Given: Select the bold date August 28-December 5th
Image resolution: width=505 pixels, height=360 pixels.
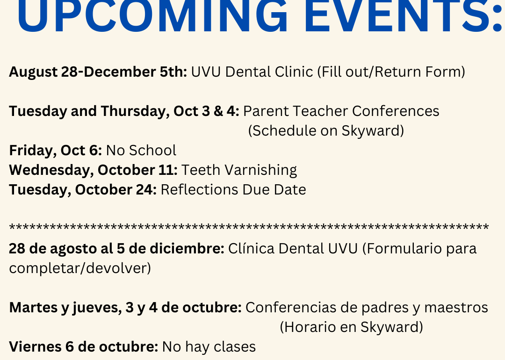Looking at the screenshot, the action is (x=98, y=72).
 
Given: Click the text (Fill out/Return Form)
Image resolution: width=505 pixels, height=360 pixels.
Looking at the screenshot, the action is (x=391, y=72).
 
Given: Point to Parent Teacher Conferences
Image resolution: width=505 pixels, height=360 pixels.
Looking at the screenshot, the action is (x=341, y=111).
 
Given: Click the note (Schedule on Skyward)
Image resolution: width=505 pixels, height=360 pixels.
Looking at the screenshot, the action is (x=326, y=131).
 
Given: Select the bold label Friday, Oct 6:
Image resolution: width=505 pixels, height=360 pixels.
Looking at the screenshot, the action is (x=55, y=151).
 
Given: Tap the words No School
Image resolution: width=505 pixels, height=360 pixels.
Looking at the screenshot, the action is (x=141, y=151).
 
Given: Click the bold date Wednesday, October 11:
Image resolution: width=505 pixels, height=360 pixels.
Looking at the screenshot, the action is (x=93, y=170).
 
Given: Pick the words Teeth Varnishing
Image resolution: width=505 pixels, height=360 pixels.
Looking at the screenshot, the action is (x=239, y=170).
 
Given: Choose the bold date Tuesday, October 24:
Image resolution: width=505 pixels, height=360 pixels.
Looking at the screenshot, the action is (x=83, y=190).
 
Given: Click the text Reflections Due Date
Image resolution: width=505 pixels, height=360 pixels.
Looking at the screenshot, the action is (x=233, y=190).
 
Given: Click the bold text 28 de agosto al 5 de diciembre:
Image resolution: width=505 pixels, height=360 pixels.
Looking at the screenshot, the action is (x=116, y=249).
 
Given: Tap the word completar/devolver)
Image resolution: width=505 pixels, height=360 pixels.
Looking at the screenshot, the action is (x=80, y=268).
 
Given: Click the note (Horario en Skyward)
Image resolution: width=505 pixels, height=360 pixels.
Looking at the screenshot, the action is (x=351, y=327).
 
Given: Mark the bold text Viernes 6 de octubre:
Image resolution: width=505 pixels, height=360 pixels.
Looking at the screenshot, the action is (x=83, y=347).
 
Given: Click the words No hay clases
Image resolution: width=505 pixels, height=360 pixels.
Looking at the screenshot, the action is (x=209, y=347).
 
